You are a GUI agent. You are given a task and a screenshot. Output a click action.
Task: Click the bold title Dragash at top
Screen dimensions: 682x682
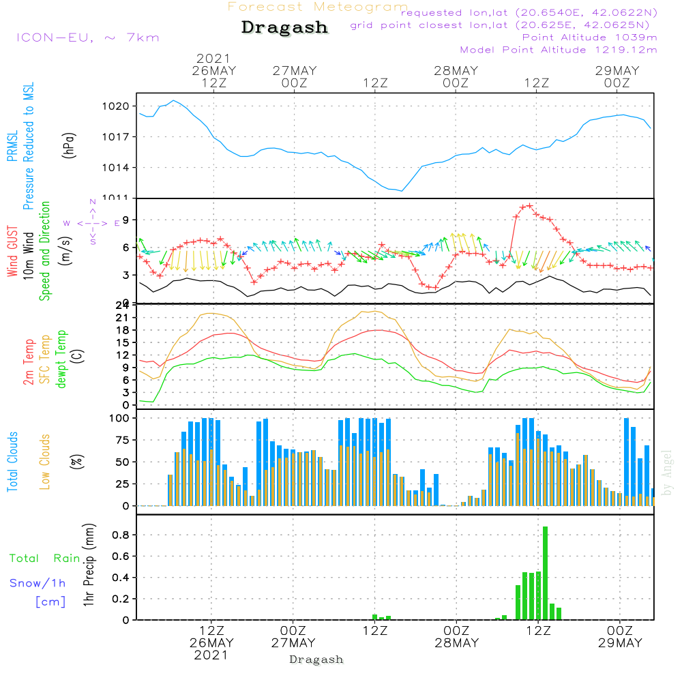tap(284, 28)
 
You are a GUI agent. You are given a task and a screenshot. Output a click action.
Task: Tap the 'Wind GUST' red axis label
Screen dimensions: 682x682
tap(13, 253)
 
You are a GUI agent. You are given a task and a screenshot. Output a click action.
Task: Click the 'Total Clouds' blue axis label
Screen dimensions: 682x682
tap(13, 462)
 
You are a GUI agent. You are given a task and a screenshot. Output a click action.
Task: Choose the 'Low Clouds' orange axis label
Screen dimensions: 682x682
tap(45, 462)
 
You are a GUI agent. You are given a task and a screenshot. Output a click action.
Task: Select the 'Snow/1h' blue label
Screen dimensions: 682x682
tap(38, 583)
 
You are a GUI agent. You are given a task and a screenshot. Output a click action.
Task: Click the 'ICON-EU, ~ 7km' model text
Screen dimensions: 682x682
tap(87, 38)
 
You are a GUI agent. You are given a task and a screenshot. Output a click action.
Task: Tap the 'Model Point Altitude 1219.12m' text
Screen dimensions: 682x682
tap(559, 50)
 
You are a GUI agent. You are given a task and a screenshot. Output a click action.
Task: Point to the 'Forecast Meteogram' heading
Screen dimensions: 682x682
tap(318, 7)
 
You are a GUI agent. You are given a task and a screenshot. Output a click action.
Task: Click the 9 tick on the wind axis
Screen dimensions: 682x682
tap(126, 220)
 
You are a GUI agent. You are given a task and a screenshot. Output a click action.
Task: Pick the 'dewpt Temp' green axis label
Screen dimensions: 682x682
tap(62, 359)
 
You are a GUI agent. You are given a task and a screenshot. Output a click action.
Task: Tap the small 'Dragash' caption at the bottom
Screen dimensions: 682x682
tap(316, 659)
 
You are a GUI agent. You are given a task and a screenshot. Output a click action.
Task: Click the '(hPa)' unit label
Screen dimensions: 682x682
tap(69, 145)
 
